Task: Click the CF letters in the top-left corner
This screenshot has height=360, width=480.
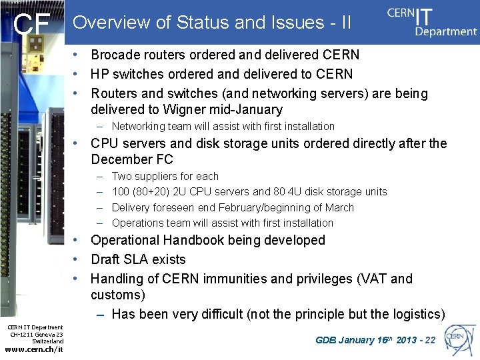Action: pos(32,25)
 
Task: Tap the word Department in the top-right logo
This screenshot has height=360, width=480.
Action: pos(446,31)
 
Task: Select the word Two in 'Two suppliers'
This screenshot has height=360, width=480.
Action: pos(122,176)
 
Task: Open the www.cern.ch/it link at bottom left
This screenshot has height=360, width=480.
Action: pos(33,349)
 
